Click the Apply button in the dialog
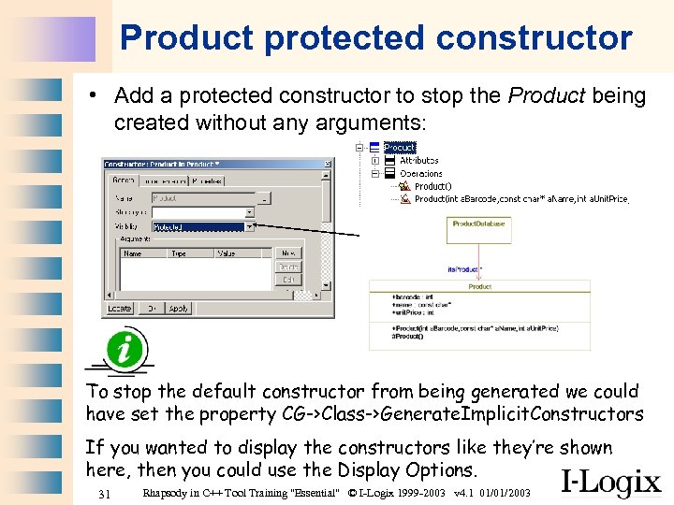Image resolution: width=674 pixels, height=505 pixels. click(179, 308)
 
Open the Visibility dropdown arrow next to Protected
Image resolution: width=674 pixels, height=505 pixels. click(250, 226)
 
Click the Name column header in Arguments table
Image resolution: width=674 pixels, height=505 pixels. click(134, 253)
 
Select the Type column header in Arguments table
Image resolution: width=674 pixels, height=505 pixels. click(179, 253)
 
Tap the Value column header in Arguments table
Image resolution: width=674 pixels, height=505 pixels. click(226, 253)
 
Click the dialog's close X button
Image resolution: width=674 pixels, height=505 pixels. click(327, 165)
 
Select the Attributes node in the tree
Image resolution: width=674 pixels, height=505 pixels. click(418, 160)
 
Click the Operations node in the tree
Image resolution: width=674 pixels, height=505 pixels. click(420, 173)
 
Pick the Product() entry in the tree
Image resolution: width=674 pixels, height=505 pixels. click(432, 186)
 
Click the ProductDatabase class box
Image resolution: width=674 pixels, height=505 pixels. click(478, 224)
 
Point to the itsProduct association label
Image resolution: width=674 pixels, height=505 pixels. click(465, 269)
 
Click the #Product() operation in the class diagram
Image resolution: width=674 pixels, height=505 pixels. click(409, 336)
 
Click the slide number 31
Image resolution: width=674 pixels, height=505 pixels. click(105, 493)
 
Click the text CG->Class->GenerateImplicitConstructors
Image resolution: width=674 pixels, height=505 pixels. click(463, 413)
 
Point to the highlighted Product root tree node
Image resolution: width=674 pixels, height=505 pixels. click(400, 147)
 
